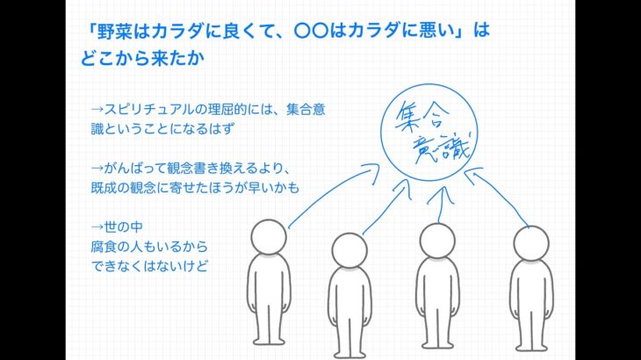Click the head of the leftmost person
(x=269, y=237)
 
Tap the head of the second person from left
(x=350, y=250)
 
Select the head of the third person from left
(x=436, y=240)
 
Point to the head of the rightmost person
(x=530, y=243)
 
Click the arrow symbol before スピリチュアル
(x=97, y=110)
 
